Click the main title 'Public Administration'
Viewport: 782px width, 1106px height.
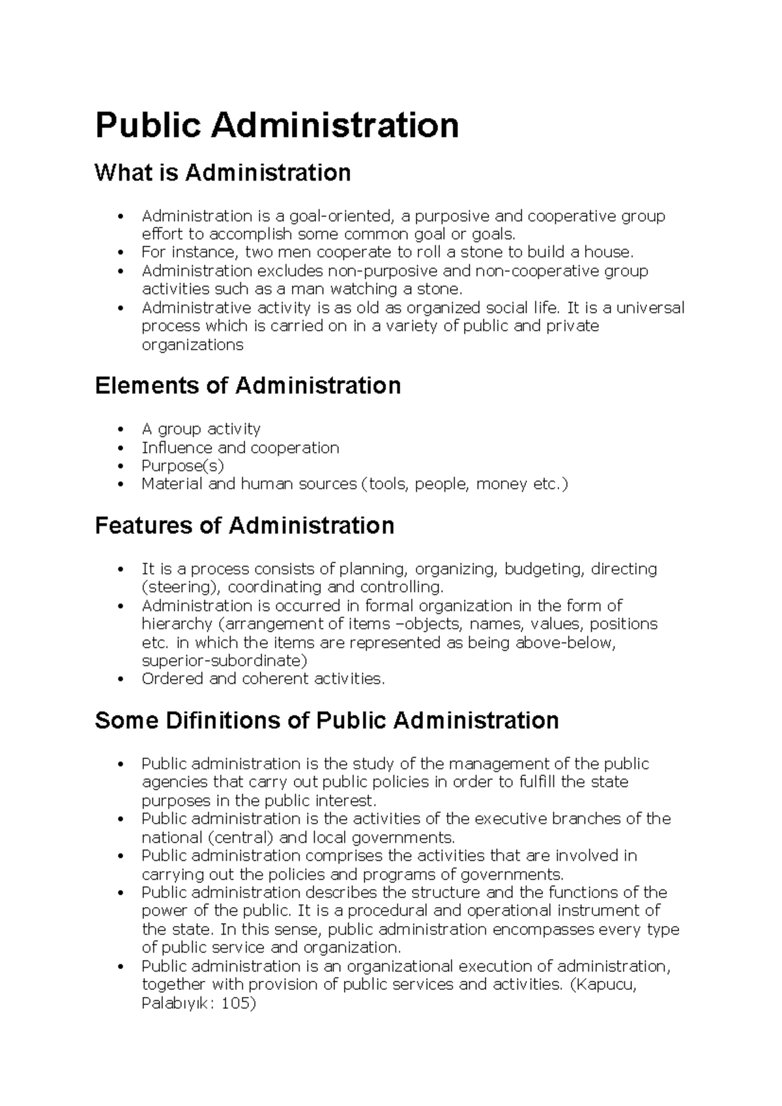click(x=277, y=125)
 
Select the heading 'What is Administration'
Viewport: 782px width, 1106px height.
click(x=223, y=173)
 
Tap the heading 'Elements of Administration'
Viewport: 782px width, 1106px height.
click(x=248, y=385)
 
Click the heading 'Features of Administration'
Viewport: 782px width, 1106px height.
click(x=244, y=525)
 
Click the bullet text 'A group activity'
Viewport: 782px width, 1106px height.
click(x=201, y=429)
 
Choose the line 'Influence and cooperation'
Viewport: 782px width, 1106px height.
click(x=240, y=448)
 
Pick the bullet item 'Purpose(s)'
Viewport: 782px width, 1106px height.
click(x=182, y=466)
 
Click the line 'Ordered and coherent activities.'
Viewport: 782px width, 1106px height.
click(x=263, y=679)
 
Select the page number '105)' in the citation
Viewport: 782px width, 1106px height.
click(x=239, y=1003)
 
